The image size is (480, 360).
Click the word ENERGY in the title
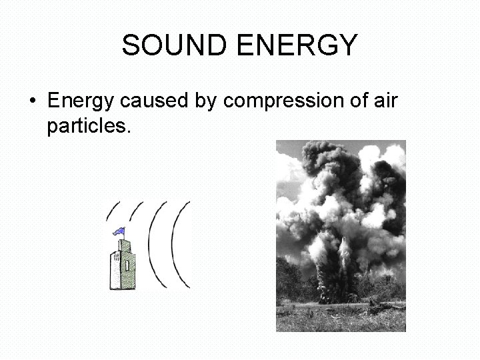coord(293,46)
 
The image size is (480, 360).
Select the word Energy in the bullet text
coord(81,101)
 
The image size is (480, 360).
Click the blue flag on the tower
coord(121,231)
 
